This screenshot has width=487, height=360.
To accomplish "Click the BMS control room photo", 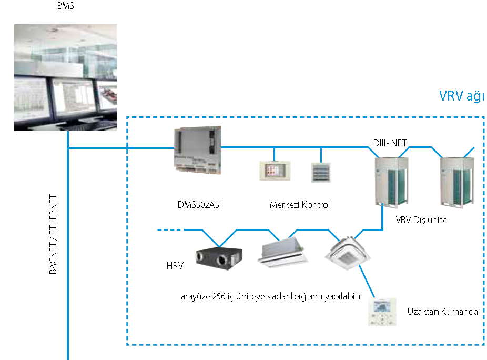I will click(65, 78).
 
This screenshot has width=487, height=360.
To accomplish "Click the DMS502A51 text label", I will click(200, 205).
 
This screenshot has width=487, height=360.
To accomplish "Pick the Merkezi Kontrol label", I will click(300, 205).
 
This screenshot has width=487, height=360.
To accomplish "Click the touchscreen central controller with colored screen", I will click(274, 171).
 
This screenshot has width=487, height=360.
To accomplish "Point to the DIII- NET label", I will click(389, 142).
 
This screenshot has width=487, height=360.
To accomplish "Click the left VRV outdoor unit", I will click(393, 181).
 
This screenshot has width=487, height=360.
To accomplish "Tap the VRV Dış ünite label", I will click(421, 220).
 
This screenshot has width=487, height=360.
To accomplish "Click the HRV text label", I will click(175, 266).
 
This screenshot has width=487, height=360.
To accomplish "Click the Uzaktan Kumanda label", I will click(442, 312).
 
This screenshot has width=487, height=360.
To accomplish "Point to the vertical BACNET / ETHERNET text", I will click(53, 234).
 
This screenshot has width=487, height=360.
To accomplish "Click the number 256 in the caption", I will click(219, 296).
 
